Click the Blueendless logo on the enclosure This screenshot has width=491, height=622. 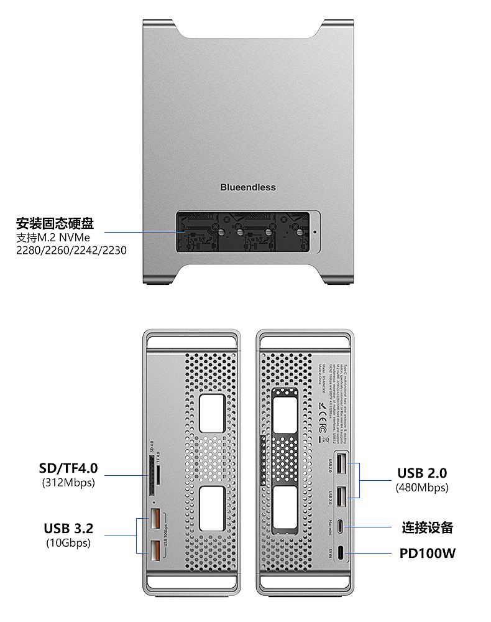coord(247,187)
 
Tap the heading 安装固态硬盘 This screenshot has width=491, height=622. coord(59,223)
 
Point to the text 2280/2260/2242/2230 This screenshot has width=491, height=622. coord(71,251)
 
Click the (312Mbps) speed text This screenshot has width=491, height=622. coord(68,482)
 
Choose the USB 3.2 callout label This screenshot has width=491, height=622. coord(68,529)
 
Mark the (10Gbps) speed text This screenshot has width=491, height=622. coord(68,543)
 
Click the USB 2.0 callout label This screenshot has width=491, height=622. coord(422,473)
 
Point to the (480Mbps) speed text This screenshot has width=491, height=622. coord(422,488)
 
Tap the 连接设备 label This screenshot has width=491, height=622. coord(427,528)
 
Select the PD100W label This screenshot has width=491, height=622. coord(428,552)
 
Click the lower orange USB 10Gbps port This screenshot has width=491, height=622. coord(155,549)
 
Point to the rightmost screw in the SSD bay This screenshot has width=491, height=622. coord(299,232)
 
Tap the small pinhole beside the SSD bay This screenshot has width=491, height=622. coord(314,231)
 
